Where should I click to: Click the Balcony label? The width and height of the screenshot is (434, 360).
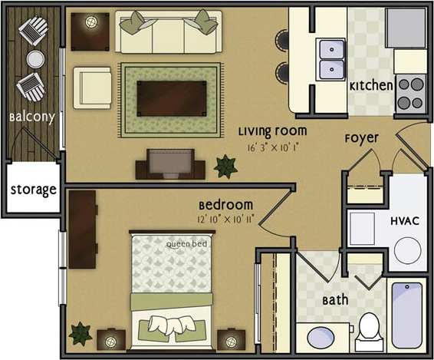point(31,117)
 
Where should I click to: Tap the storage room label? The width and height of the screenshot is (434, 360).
point(33,189)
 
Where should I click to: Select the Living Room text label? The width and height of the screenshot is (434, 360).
point(271,130)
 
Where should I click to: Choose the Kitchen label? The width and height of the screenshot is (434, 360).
point(372,86)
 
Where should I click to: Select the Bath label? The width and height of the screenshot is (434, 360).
point(336,300)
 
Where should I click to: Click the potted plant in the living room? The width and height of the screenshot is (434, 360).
point(226,165)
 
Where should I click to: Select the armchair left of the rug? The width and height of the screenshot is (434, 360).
point(92,87)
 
